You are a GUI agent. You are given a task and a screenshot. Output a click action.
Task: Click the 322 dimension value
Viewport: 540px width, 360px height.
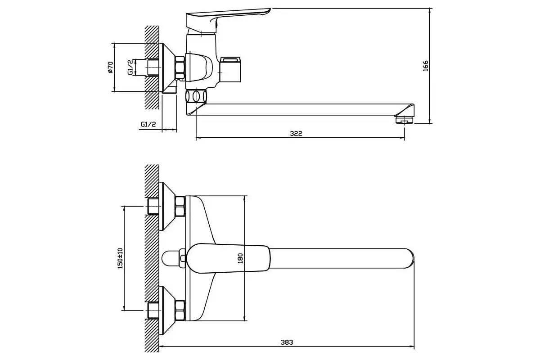pyautogui.click(x=296, y=133)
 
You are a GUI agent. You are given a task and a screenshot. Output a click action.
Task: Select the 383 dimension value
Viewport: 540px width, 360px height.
pyautogui.click(x=287, y=342)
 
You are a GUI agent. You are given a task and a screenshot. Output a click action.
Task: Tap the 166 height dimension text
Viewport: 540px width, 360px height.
pyautogui.click(x=425, y=66)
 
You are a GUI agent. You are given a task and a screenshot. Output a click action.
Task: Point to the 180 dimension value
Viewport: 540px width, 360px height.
pyautogui.click(x=240, y=258)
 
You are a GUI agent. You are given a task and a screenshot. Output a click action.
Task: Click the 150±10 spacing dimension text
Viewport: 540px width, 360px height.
pyautogui.click(x=120, y=258)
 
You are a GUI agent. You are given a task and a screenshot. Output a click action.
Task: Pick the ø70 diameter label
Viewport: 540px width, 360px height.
pyautogui.click(x=110, y=67)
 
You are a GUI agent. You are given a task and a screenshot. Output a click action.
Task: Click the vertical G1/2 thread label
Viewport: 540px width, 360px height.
pyautogui.click(x=130, y=67)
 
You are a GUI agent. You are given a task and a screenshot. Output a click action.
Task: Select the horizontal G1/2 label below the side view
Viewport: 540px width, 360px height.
pyautogui.click(x=148, y=124)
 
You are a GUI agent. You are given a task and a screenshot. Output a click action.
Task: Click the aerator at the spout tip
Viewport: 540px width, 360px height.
pyautogui.click(x=404, y=120)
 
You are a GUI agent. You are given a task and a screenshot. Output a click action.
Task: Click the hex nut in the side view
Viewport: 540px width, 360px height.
pyautogui.click(x=180, y=67)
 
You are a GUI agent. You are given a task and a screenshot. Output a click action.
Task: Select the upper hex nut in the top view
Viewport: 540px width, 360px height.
pyautogui.click(x=180, y=207)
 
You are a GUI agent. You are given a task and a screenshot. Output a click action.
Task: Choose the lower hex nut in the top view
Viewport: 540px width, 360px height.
pyautogui.click(x=180, y=310)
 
